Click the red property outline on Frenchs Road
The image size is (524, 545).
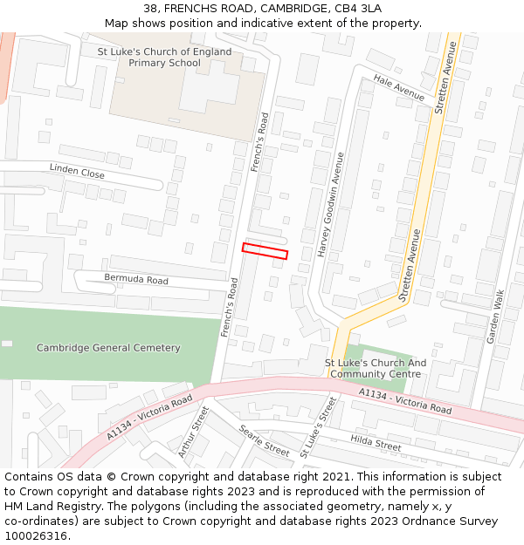pyautogui.click(x=265, y=251)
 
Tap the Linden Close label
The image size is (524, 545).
pyautogui.click(x=77, y=171)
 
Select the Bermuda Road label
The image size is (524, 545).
pyautogui.click(x=136, y=280)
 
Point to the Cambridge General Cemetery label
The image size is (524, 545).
pyautogui.click(x=108, y=348)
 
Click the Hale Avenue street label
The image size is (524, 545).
pyautogui.click(x=398, y=87)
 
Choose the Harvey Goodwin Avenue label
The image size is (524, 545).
pyautogui.click(x=332, y=203)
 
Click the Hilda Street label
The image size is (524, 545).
pyautogui.click(x=376, y=443)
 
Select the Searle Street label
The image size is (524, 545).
pyautogui.click(x=264, y=441)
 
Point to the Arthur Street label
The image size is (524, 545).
pyautogui.click(x=194, y=432)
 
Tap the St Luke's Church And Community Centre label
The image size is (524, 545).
pyautogui.click(x=376, y=369)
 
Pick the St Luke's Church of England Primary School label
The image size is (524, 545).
pyautogui.click(x=164, y=58)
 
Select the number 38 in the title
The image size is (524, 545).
pyautogui.click(x=150, y=9)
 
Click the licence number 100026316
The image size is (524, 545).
pyautogui.click(x=38, y=535)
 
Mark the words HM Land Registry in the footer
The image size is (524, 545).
pyautogui.click(x=47, y=506)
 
